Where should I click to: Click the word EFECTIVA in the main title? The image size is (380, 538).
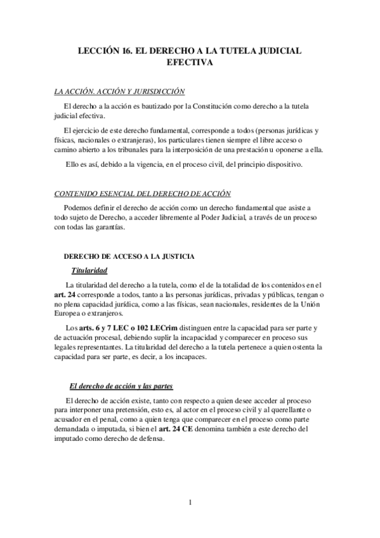coord(190,63)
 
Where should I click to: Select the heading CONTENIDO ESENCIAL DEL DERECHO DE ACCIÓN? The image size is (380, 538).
coord(142,194)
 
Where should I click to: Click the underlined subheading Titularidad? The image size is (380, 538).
coord(88,270)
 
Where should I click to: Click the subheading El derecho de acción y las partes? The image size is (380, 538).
coord(121,386)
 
